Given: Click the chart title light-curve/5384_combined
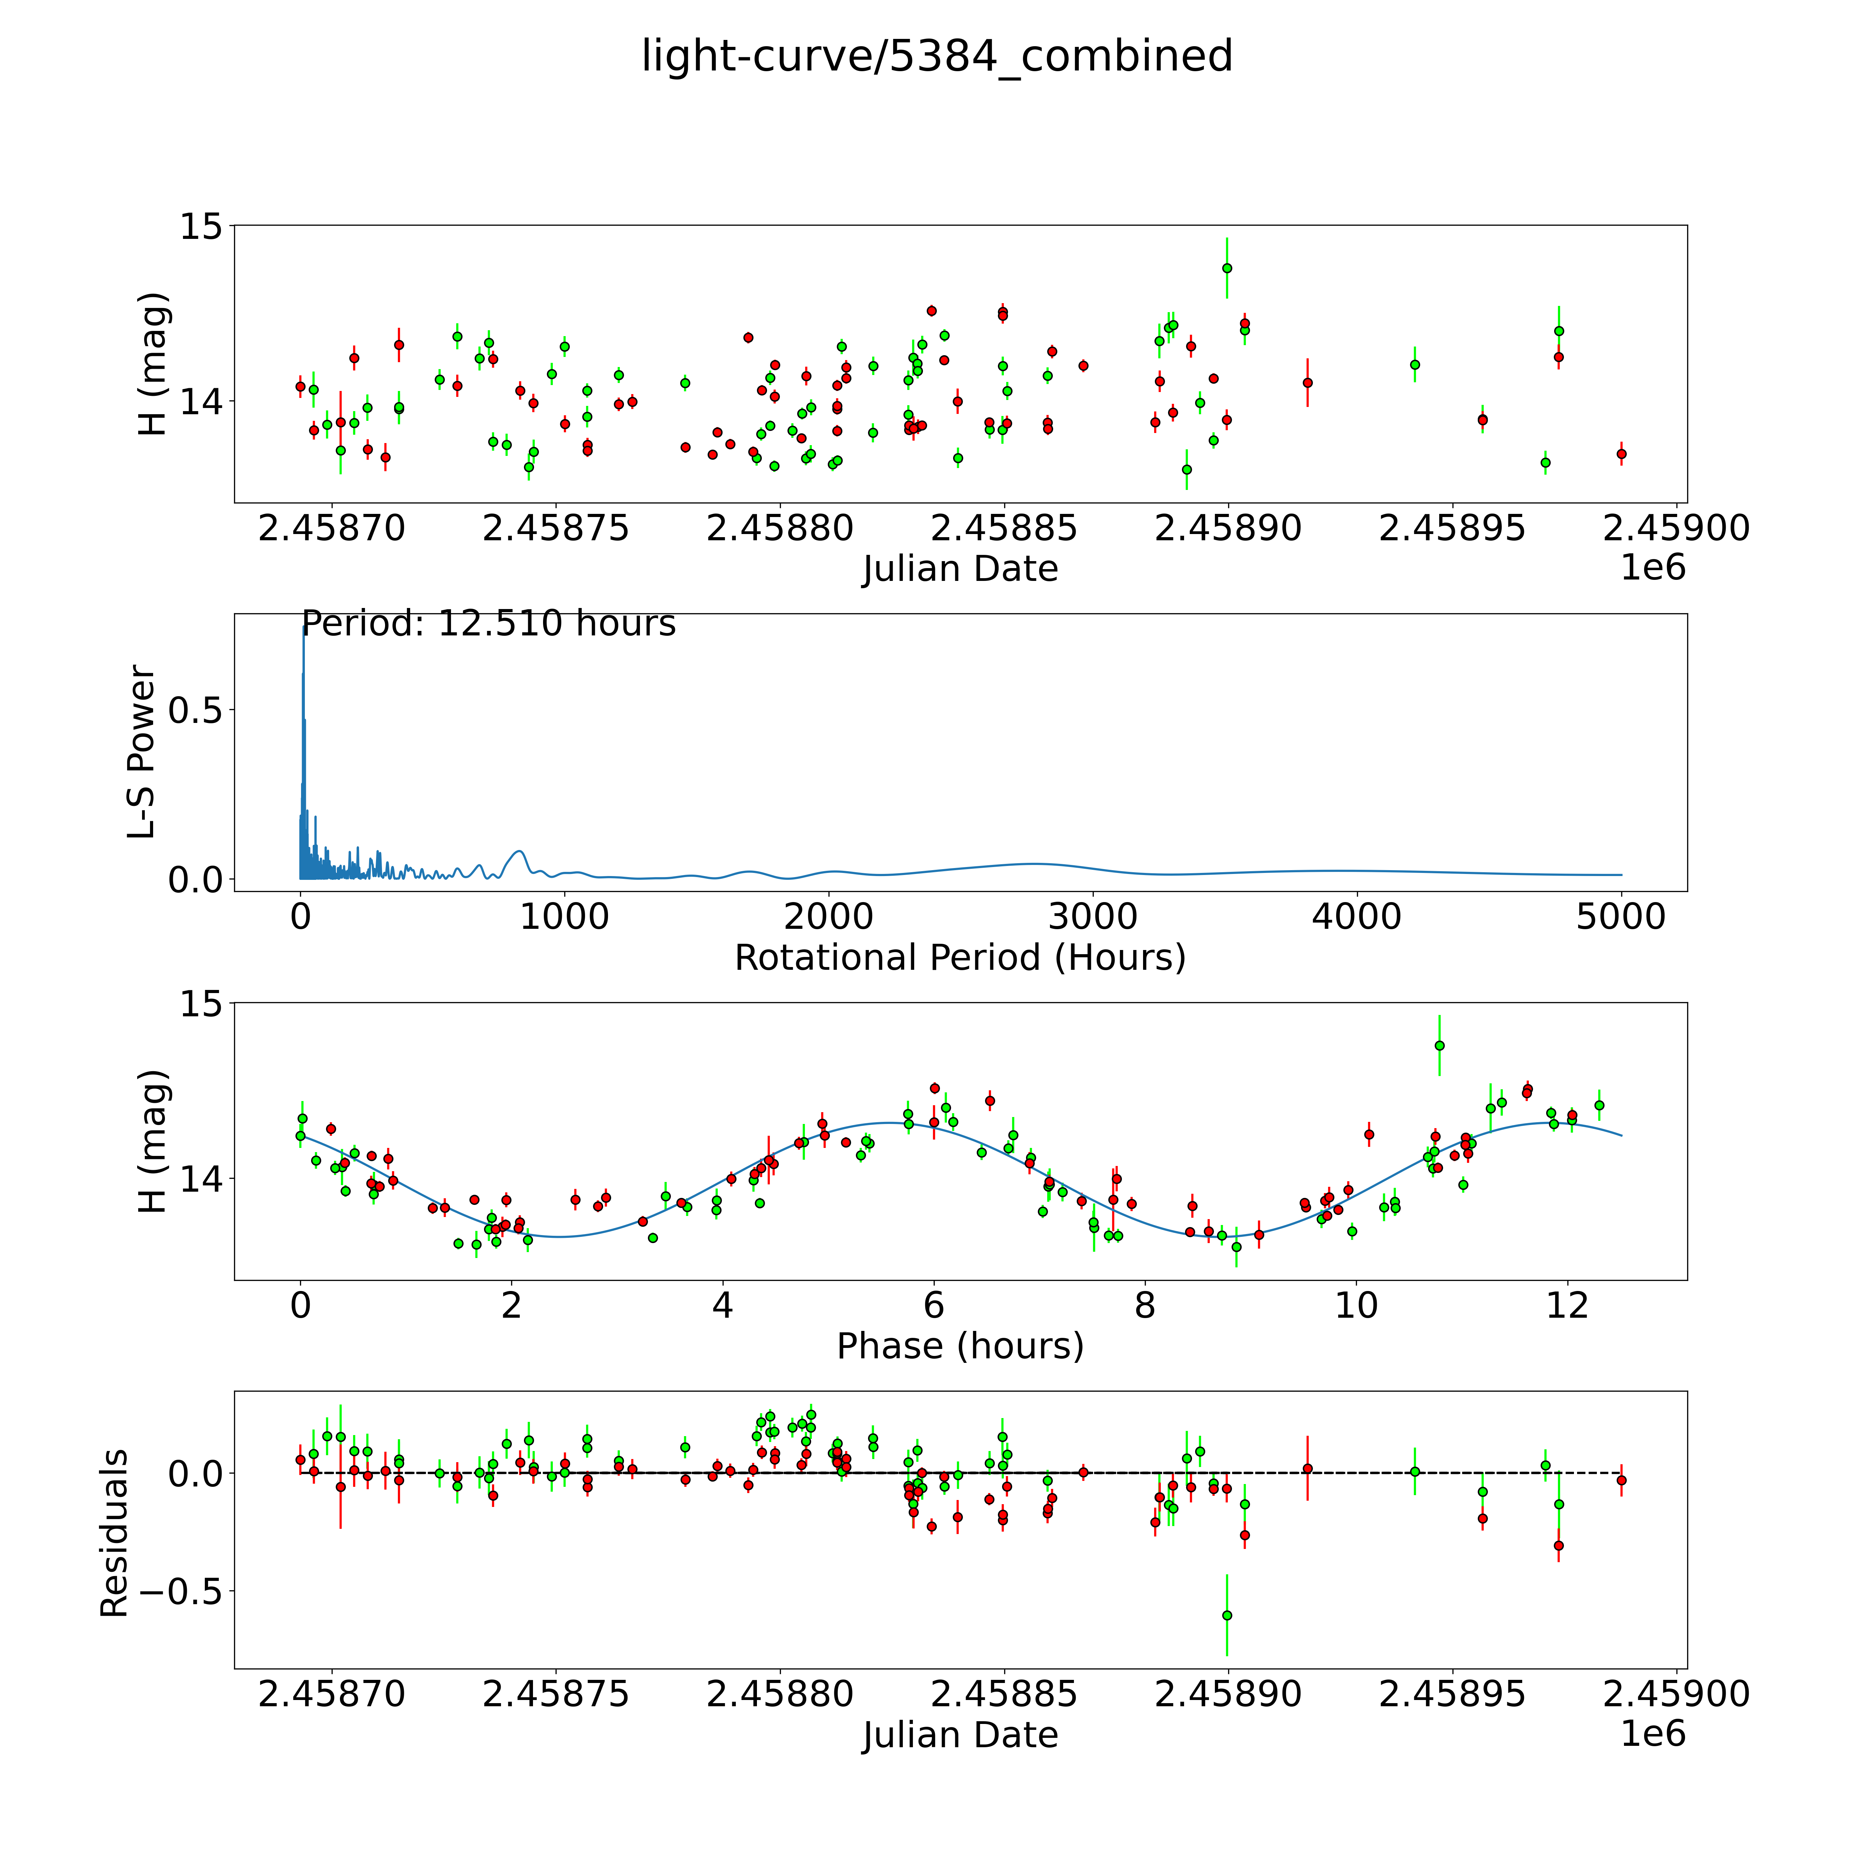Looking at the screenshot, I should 936,56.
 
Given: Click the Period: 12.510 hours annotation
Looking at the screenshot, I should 488,623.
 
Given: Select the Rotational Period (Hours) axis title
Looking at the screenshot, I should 960,958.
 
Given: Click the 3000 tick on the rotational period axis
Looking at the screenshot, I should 1093,916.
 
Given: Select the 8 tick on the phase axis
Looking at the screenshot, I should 1145,1305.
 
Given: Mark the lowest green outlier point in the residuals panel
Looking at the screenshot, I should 1227,1615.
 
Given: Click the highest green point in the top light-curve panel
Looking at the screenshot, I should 1227,268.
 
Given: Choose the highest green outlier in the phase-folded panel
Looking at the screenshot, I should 1439,1045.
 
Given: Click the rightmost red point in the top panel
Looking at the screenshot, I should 1621,453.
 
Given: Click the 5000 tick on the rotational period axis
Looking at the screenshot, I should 1621,916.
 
